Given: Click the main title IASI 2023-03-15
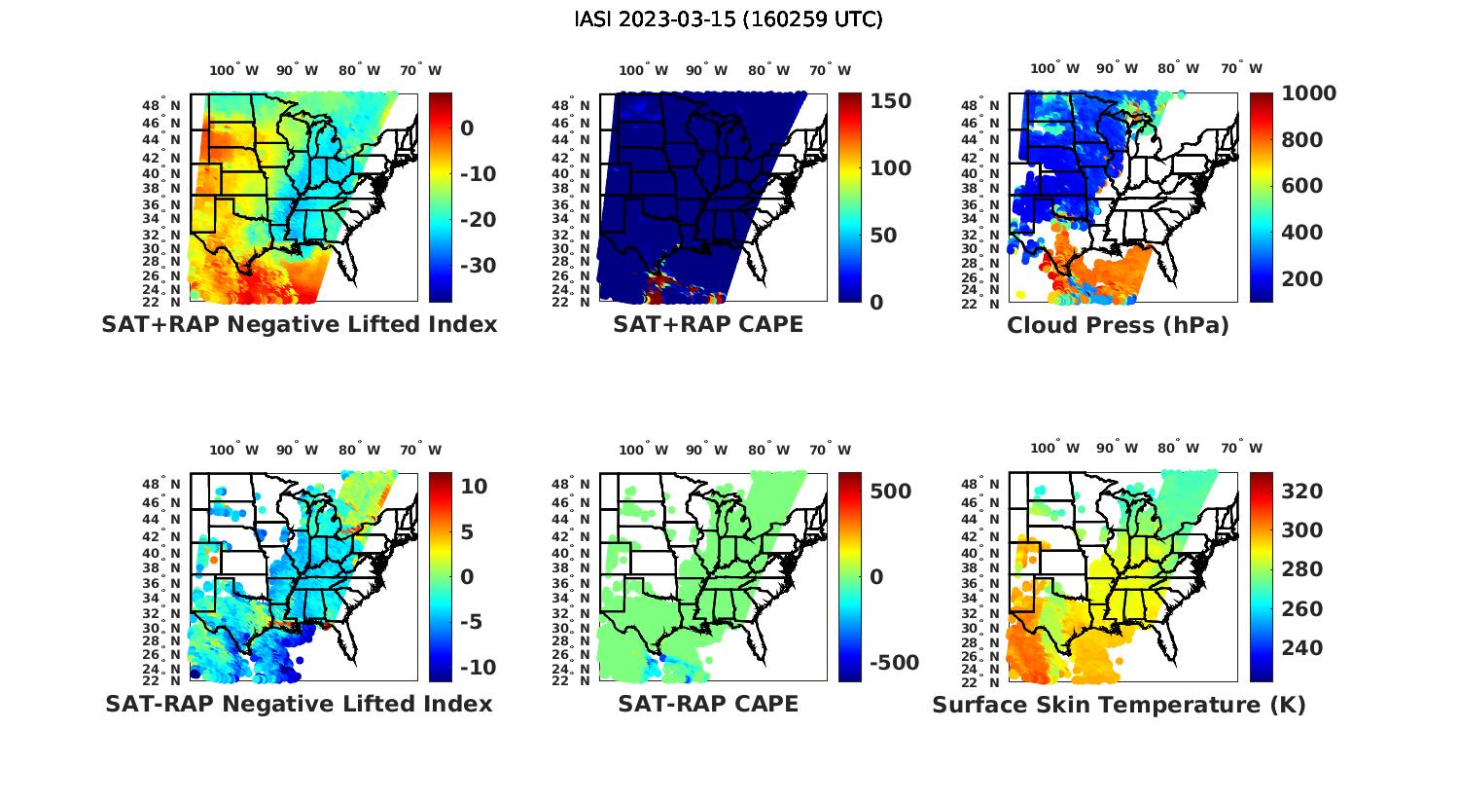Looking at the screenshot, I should [729, 19].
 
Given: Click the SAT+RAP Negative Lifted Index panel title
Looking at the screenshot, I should [299, 324].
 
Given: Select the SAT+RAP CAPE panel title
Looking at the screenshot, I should [708, 324].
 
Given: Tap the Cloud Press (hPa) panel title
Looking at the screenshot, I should [1118, 325].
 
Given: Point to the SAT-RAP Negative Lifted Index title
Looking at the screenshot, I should [299, 704].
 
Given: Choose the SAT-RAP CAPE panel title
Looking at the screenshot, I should [708, 704].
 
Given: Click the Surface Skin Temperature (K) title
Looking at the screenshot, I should [1119, 705].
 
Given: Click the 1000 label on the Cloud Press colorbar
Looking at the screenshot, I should [1308, 93].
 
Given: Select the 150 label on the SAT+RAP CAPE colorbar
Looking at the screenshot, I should [890, 101].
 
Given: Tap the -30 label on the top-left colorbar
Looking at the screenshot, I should [478, 266].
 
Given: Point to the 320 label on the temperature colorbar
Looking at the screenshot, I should [1302, 492].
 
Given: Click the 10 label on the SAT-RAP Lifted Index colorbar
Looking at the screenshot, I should [474, 487].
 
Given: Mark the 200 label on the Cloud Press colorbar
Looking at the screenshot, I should [1302, 279].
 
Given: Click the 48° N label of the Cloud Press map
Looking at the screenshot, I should [990, 105].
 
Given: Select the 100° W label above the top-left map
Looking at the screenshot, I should [234, 70].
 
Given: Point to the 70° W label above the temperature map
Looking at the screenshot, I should [1241, 449].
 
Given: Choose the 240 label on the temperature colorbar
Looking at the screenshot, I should [1302, 648].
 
